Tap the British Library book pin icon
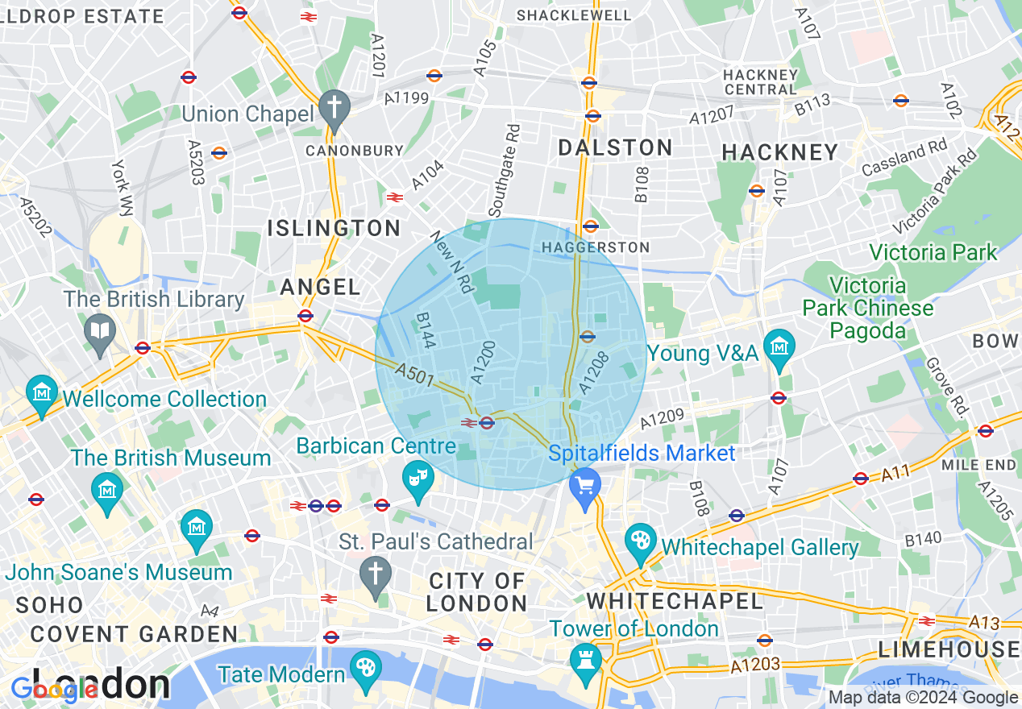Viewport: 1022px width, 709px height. [100, 331]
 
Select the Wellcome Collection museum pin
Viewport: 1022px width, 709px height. [41, 392]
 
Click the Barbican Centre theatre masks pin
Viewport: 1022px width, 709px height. [418, 479]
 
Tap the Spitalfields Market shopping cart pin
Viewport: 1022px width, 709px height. [585, 486]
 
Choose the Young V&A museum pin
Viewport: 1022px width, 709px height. [779, 346]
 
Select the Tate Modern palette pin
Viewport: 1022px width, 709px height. [366, 669]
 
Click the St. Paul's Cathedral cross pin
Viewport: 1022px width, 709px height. [376, 574]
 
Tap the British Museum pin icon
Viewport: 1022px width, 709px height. [106, 488]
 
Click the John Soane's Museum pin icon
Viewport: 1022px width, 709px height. [197, 526]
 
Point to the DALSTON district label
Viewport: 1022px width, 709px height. [616, 147]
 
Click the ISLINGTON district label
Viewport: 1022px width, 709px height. [334, 228]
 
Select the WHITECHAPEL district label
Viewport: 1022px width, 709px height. [674, 601]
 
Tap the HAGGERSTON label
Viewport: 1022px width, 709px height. [596, 247]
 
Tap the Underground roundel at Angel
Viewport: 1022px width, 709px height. [305, 316]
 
